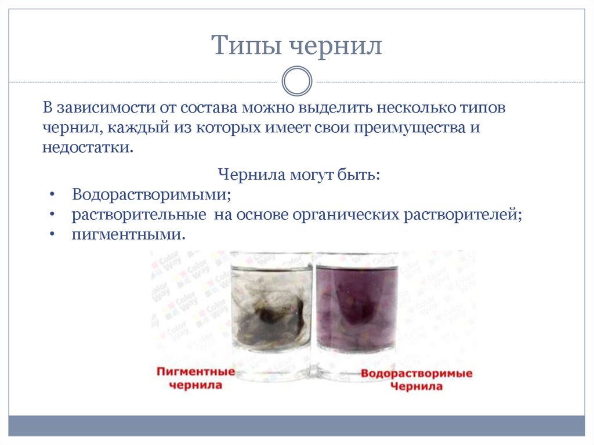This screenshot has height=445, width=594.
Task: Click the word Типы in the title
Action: pos(244,46)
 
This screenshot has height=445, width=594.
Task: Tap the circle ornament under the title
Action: pos(296,81)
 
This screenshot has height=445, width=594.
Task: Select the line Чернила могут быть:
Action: pos(299,175)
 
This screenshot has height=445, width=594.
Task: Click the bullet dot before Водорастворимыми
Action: pos(52,195)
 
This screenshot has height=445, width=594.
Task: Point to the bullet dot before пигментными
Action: pos(52,234)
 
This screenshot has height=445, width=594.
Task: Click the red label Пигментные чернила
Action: pos(196,378)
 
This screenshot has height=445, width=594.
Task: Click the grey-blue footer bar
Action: pos(296,425)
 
